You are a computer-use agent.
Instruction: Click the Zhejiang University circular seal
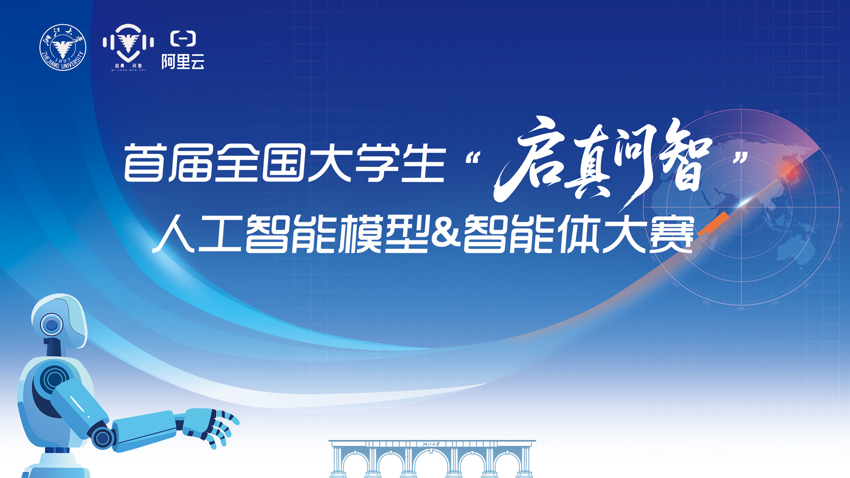(63, 47)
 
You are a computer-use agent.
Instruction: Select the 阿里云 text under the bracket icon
(183, 62)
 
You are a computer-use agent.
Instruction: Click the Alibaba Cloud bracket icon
(183, 39)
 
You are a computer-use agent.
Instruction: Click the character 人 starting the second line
(174, 234)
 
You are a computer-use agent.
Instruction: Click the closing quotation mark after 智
(740, 157)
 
